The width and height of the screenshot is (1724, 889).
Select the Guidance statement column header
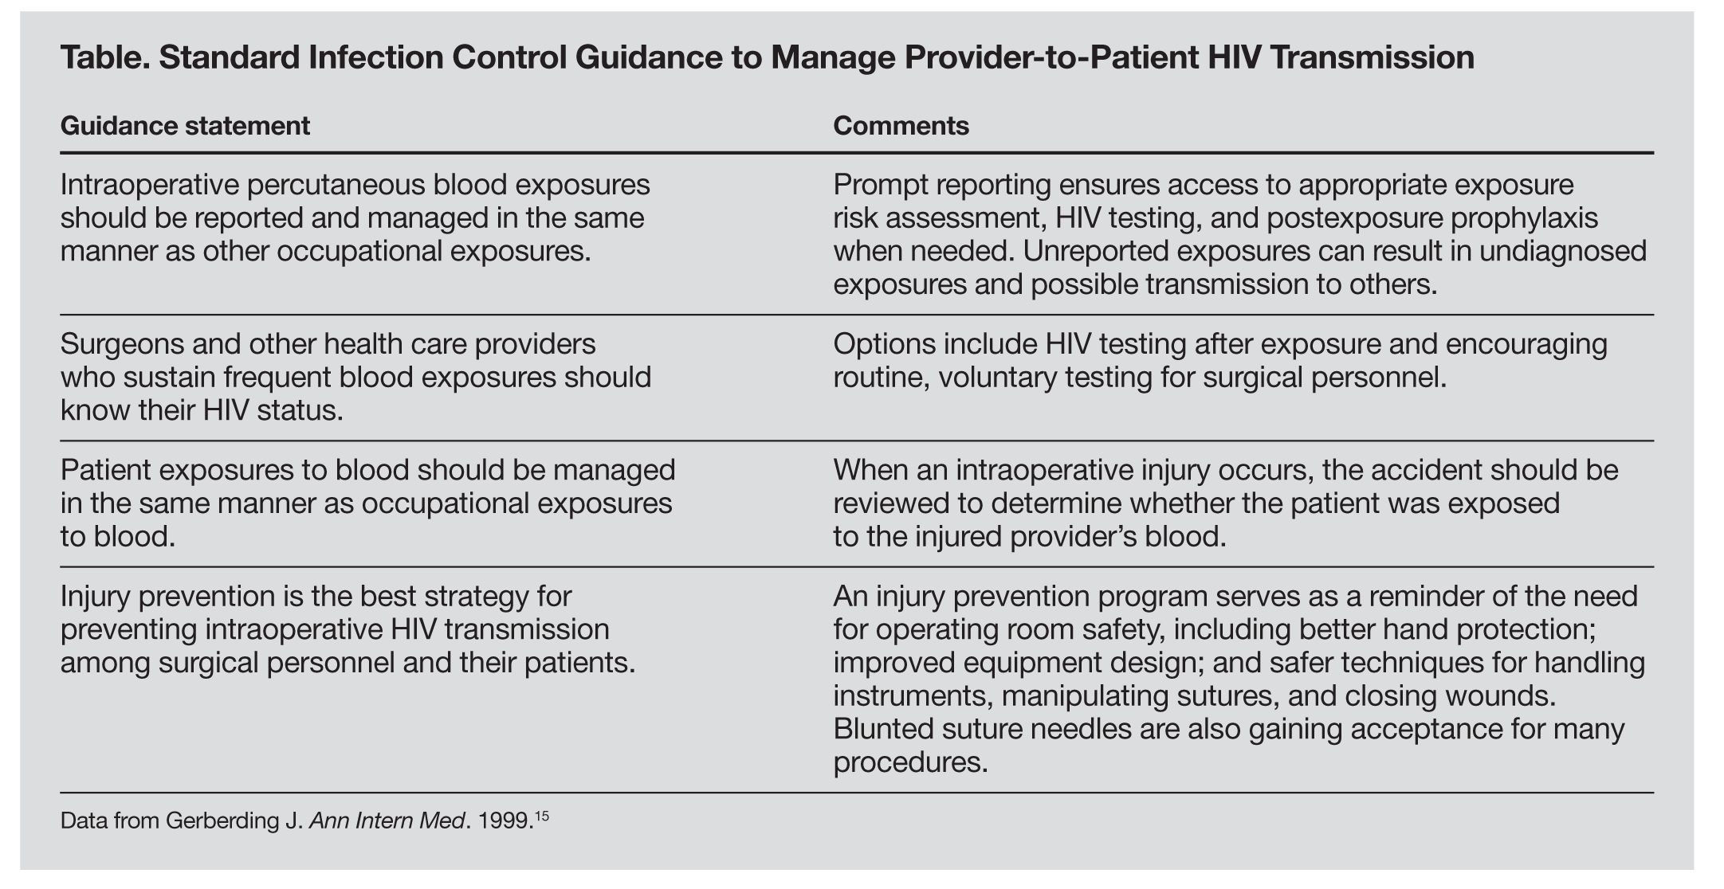pyautogui.click(x=185, y=126)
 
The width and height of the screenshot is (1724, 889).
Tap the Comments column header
pyautogui.click(x=901, y=126)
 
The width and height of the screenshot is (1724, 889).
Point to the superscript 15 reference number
pyautogui.click(x=542, y=815)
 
